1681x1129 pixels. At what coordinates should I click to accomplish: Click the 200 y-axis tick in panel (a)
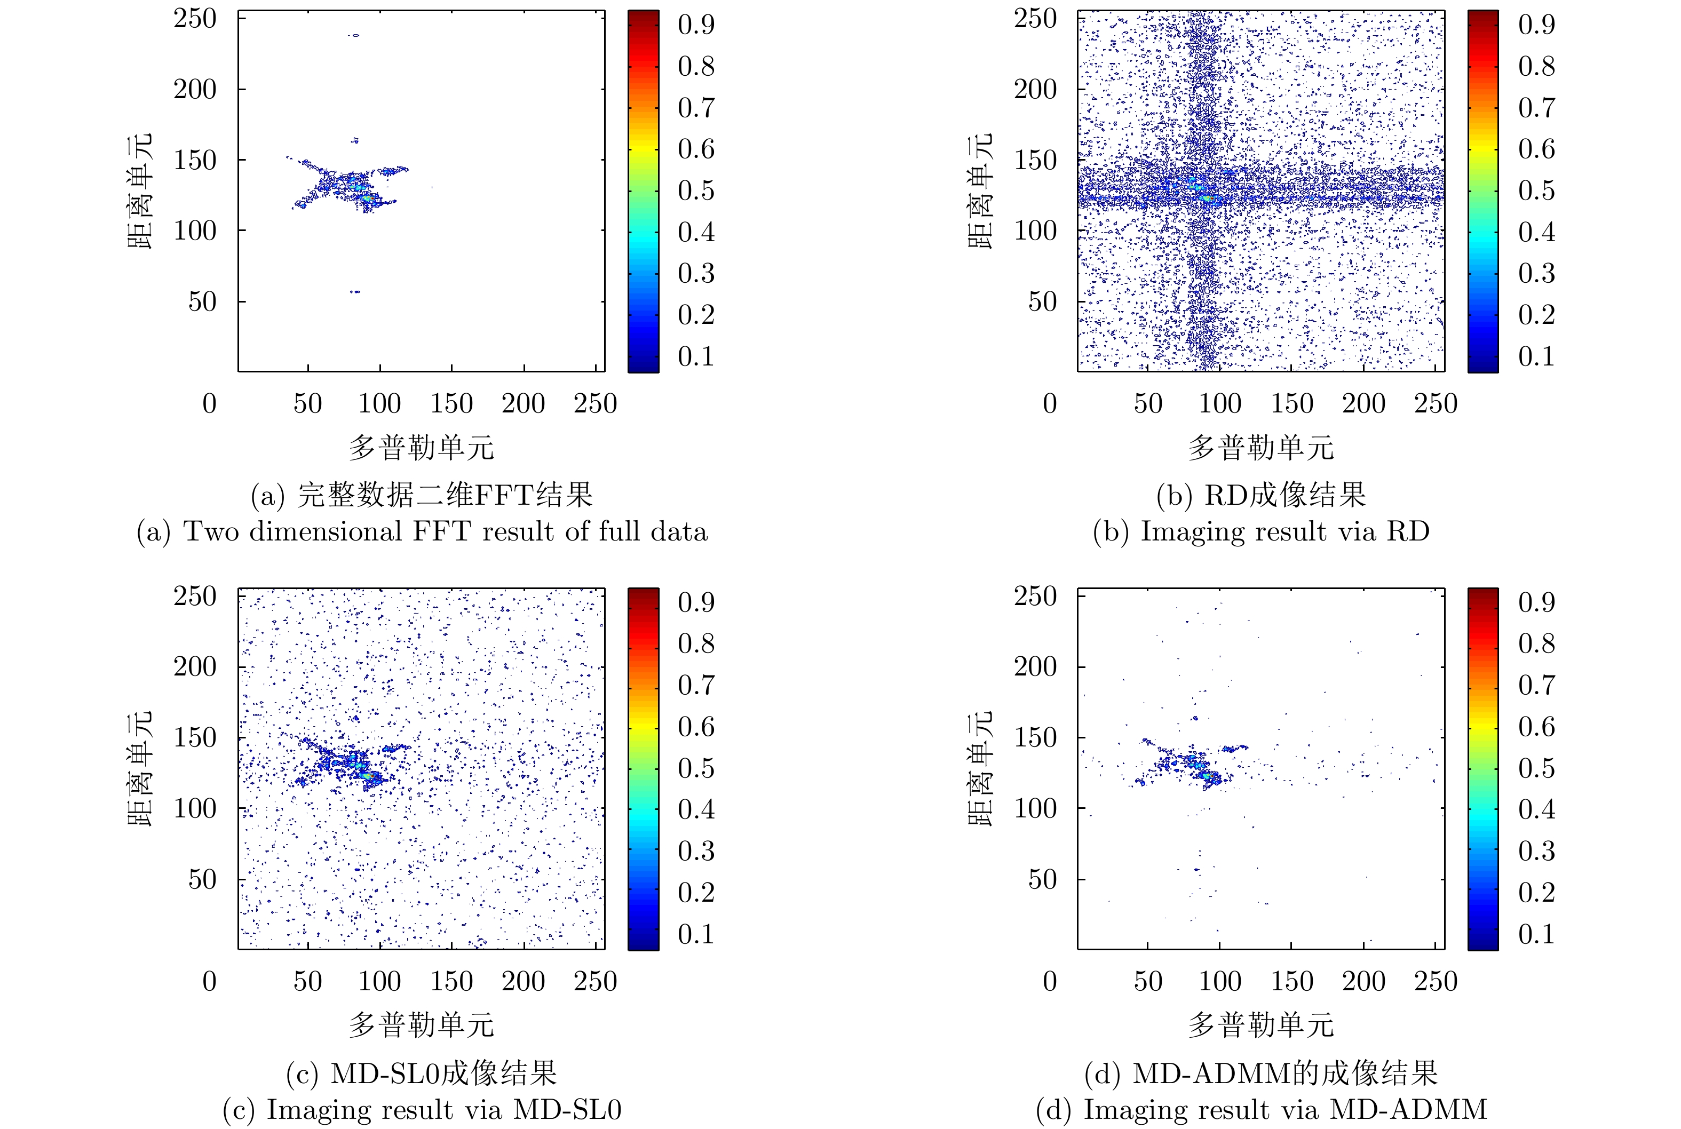(x=194, y=90)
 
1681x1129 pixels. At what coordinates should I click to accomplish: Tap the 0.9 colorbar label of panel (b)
(x=1536, y=25)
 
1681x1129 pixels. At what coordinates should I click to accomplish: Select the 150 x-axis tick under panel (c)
(x=451, y=981)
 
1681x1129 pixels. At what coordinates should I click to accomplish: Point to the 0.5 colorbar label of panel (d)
(x=1536, y=768)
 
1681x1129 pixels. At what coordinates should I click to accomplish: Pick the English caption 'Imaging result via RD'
(x=1261, y=532)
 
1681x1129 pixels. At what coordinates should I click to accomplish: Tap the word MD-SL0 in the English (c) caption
(x=567, y=1110)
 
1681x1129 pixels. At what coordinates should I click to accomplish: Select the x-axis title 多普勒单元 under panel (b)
(x=1261, y=448)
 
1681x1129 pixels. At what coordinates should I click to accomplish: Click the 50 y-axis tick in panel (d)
(x=1042, y=880)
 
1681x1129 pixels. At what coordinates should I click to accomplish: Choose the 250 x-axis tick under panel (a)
(x=595, y=404)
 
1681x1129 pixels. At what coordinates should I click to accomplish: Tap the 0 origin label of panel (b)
(x=1050, y=404)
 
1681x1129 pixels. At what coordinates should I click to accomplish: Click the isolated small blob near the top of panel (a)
(x=354, y=35)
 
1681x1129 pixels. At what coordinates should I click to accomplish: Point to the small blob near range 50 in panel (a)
(x=354, y=292)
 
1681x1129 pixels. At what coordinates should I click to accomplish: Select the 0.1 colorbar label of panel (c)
(x=696, y=935)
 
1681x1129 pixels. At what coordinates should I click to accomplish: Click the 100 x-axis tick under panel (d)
(x=1219, y=981)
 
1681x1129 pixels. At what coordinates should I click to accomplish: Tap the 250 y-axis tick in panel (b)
(x=1035, y=19)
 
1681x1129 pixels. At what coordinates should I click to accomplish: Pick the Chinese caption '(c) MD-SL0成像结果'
(x=422, y=1074)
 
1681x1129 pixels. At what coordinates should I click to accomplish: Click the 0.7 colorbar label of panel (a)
(x=696, y=108)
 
